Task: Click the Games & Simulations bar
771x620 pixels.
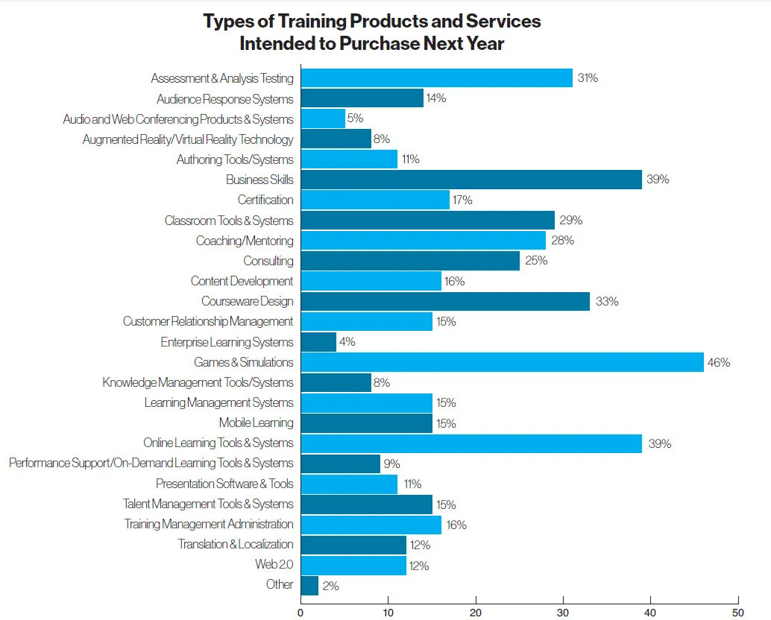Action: pyautogui.click(x=502, y=362)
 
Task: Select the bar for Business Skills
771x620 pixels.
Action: pyautogui.click(x=471, y=180)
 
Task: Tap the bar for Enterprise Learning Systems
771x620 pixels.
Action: pyautogui.click(x=318, y=342)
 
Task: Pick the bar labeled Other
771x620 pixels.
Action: pyautogui.click(x=309, y=585)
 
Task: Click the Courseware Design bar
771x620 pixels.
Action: pyautogui.click(x=444, y=302)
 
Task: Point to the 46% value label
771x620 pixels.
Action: pyautogui.click(x=719, y=363)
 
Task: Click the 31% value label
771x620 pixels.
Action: pyautogui.click(x=588, y=78)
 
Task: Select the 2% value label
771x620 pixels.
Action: pyautogui.click(x=330, y=586)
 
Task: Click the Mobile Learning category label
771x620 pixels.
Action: pyautogui.click(x=256, y=423)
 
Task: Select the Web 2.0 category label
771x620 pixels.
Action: pyautogui.click(x=274, y=564)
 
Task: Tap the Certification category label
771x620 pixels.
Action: pyautogui.click(x=265, y=200)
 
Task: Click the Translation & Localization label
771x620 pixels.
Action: pyautogui.click(x=236, y=544)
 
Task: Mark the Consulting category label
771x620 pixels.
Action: pyautogui.click(x=268, y=261)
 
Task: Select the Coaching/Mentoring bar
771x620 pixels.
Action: pyautogui.click(x=422, y=241)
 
